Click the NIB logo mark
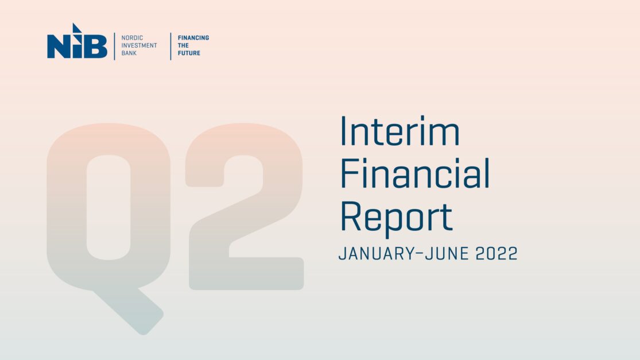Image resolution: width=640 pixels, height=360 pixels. tap(77, 43)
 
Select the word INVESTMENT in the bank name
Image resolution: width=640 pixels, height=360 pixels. tap(139, 45)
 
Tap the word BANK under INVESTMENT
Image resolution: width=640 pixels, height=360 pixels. tap(130, 53)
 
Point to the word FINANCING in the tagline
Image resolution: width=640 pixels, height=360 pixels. tap(193, 38)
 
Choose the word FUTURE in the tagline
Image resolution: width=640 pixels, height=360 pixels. tap(189, 53)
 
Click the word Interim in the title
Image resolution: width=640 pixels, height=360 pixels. tap(399, 131)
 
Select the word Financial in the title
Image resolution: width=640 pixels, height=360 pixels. tap(415, 174)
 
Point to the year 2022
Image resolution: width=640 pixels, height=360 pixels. tap(497, 253)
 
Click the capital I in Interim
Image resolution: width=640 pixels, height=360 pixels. tap(344, 131)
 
